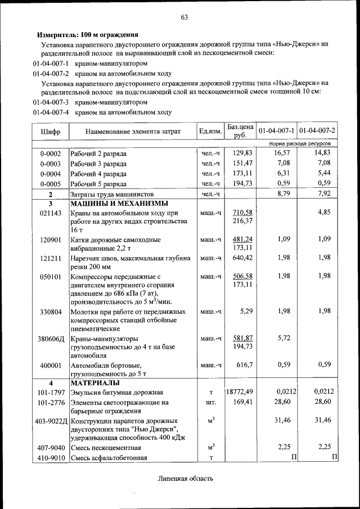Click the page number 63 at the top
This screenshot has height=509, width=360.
(183, 16)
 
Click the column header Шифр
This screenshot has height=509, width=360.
(51, 132)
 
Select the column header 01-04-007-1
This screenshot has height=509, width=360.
(277, 131)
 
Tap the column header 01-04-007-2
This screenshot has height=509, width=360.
(318, 131)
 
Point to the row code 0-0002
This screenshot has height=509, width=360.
(51, 154)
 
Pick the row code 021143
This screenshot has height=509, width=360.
(51, 213)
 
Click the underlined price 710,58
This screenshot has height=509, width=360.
(242, 212)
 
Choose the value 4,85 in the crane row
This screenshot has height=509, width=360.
(323, 212)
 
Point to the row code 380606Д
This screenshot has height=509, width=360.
(52, 340)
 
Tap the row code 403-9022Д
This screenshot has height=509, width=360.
(51, 421)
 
